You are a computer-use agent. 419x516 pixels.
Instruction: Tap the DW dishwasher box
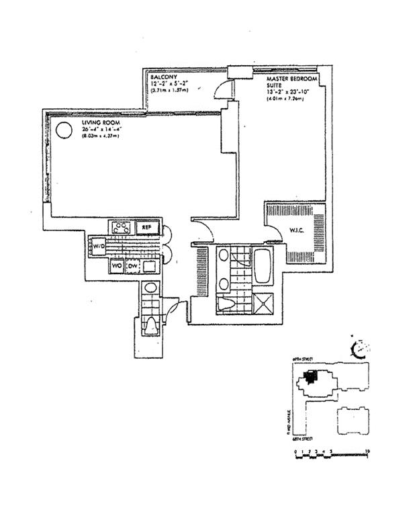(x=133, y=267)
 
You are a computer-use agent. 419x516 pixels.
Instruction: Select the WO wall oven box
(x=117, y=267)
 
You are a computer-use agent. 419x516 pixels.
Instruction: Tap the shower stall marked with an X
(x=261, y=302)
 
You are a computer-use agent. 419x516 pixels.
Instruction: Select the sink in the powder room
(x=151, y=289)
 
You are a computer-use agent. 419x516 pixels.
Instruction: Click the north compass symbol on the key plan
(x=361, y=348)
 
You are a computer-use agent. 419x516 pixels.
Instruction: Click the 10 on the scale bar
(x=367, y=452)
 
